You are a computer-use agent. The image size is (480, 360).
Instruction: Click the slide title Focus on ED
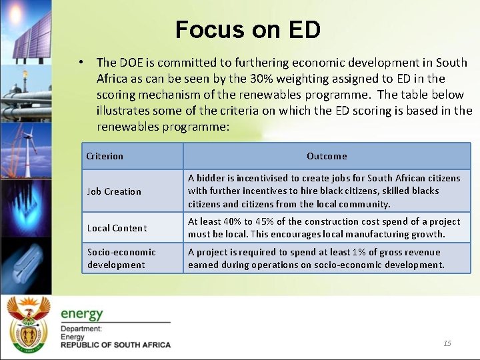click(x=248, y=29)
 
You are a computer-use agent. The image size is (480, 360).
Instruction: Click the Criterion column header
click(x=105, y=156)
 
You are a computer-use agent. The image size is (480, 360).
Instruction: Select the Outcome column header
click(x=327, y=156)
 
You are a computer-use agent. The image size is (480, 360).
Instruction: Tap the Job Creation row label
click(x=114, y=191)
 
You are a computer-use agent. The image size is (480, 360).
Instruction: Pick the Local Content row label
click(x=117, y=228)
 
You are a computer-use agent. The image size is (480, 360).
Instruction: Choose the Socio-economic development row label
click(x=121, y=258)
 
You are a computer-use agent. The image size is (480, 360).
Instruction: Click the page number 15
click(x=447, y=343)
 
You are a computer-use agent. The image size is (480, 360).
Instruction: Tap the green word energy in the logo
click(x=82, y=313)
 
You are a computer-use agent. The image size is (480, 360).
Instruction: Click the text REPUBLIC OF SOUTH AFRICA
click(x=115, y=345)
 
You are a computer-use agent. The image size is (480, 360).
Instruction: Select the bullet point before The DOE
click(x=79, y=62)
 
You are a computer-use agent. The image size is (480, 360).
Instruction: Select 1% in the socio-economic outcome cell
click(x=361, y=252)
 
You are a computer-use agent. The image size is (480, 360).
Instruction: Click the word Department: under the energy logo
click(x=81, y=329)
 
